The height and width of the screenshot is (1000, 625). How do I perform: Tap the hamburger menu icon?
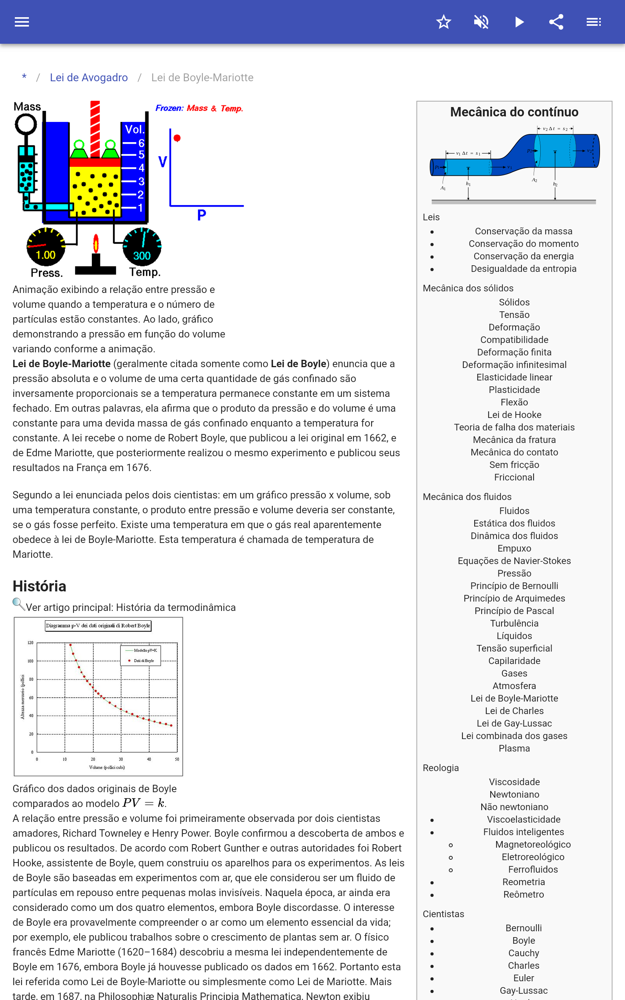[x=22, y=22]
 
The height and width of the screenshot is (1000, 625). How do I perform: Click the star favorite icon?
[x=443, y=22]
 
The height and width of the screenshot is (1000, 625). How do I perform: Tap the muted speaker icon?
[x=481, y=22]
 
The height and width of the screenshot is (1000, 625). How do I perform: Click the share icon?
[x=556, y=22]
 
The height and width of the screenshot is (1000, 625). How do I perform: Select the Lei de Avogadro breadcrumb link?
[x=88, y=78]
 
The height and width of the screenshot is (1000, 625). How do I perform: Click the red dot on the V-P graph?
[x=177, y=138]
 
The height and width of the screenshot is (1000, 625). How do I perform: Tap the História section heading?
[x=39, y=586]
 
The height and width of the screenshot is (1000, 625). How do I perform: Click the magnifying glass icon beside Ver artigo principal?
[x=19, y=605]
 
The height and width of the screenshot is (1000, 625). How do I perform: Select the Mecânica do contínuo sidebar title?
[x=514, y=112]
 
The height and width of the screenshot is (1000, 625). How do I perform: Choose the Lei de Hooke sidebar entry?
[x=514, y=415]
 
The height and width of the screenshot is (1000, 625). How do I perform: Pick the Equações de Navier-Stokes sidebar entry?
[x=514, y=561]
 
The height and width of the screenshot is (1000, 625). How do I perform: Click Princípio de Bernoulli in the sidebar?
[x=514, y=586]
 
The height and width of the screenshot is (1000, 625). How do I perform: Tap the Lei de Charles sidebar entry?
[x=514, y=711]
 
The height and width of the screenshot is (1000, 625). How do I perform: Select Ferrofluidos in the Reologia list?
[x=533, y=870]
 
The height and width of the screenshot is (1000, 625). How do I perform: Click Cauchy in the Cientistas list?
[x=523, y=953]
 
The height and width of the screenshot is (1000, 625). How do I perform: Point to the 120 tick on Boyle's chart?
[x=30, y=643]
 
